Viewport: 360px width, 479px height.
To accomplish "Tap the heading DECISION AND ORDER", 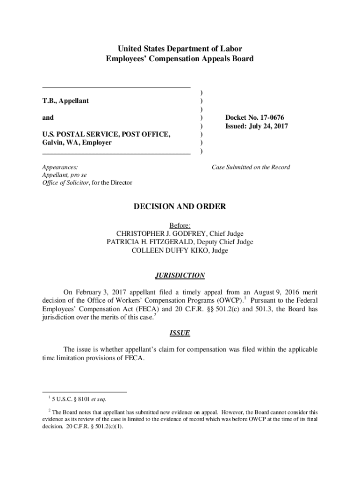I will (180, 206).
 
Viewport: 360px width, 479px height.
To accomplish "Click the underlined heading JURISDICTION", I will (180, 276).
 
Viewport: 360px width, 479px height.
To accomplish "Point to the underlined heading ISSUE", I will (180, 333).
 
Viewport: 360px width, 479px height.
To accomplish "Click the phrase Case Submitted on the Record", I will (251, 167).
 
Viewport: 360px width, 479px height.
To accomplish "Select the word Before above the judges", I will (180, 225).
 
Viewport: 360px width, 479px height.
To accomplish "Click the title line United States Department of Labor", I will (180, 49).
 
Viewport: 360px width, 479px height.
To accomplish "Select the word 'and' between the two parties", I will (48, 117).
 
